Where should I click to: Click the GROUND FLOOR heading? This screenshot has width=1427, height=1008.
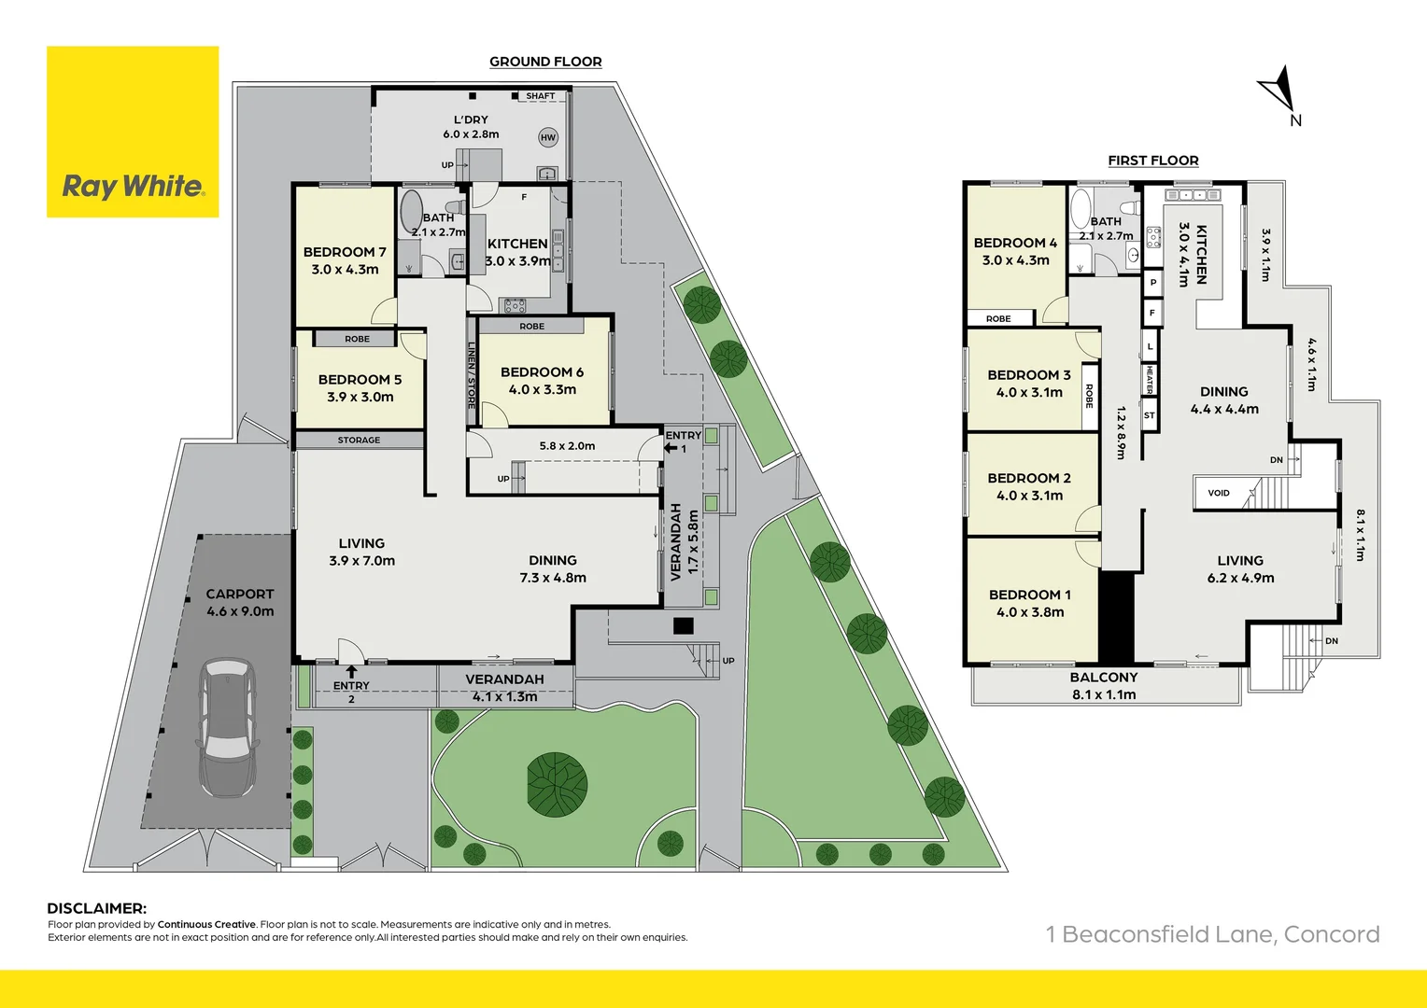pos(545,62)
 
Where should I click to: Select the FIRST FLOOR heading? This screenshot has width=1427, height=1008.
pos(1153,161)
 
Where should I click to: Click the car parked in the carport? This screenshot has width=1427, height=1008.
pos(227,728)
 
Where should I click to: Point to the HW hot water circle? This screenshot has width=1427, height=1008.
pos(548,137)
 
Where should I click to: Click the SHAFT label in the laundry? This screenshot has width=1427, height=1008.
pos(540,96)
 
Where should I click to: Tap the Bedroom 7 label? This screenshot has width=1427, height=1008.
pos(345,260)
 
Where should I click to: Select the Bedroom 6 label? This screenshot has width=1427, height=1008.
pos(542,380)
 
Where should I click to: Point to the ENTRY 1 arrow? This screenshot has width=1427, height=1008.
pos(671,448)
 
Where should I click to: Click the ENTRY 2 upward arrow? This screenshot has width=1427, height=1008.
pos(351,671)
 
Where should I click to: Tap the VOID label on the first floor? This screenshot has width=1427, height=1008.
pos(1219,493)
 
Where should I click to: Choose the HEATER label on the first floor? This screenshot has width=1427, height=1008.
pos(1150,380)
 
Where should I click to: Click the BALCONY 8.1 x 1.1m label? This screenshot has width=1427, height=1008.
pos(1104,686)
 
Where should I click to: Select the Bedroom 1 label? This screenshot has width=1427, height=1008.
pos(1030,603)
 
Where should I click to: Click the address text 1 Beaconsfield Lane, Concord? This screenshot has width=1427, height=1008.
pos(1212,934)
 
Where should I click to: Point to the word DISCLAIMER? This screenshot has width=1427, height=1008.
pos(97,908)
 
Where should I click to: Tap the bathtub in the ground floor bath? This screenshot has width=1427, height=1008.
pos(412,212)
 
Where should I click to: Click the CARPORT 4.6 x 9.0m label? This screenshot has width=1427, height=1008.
pos(240,602)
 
